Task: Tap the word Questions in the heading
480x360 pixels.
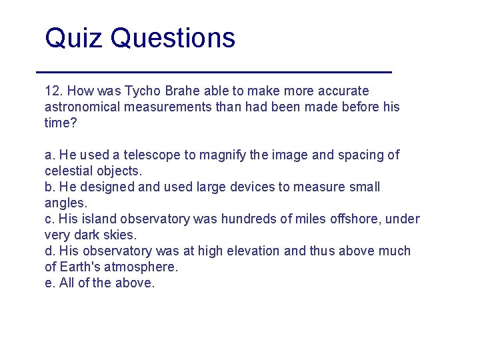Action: point(173,38)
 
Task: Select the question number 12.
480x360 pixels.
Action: point(52,91)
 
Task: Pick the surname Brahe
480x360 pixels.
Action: point(177,91)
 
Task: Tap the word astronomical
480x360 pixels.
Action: point(84,107)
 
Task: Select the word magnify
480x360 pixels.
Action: point(225,155)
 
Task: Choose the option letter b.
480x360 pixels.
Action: point(49,187)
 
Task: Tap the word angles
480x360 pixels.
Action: point(64,203)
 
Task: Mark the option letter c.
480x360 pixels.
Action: point(49,219)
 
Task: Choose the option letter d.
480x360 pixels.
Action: point(49,251)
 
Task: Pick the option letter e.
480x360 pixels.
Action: point(49,283)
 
